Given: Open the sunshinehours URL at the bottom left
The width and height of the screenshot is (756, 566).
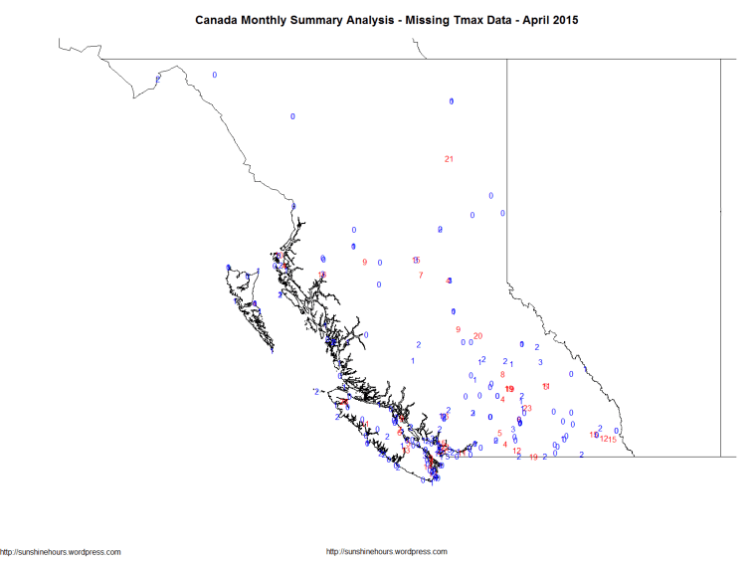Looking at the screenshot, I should point(62,552).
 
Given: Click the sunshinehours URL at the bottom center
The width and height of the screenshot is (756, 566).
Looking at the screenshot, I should point(387,552).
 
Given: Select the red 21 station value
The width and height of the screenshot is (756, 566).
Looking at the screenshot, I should point(449,159).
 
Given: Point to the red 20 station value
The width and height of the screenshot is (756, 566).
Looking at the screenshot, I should point(477,335).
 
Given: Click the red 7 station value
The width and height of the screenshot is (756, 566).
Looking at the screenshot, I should point(421,276).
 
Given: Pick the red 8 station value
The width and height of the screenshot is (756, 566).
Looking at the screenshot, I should point(502,375).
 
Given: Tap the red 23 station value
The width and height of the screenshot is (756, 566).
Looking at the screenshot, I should point(527,409).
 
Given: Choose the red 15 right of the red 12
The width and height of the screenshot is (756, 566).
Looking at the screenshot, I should point(614,440).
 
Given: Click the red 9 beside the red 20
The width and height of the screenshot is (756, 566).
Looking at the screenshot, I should point(458,330).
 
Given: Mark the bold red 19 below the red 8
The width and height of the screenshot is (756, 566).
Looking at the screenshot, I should point(509,389).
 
